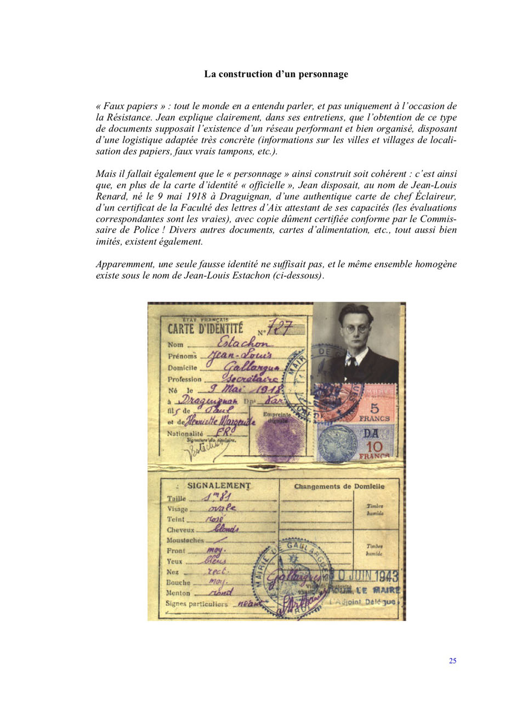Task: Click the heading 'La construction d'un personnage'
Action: pyautogui.click(x=276, y=74)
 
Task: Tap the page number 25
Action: pyautogui.click(x=452, y=661)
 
